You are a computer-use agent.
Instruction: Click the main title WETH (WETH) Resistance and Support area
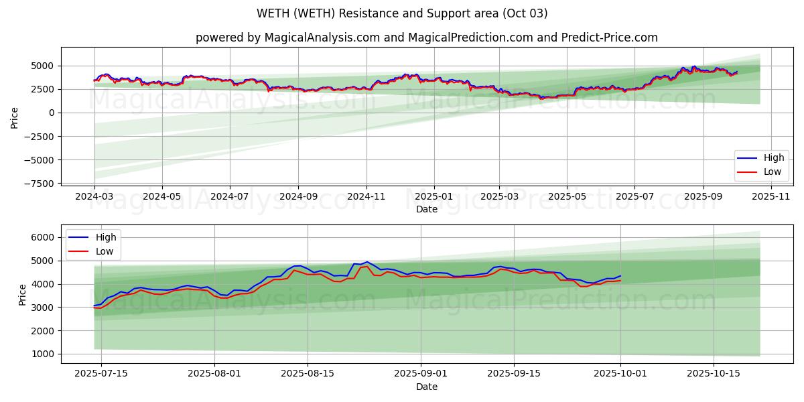[x=402, y=13]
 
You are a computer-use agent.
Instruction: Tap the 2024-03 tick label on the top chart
[x=94, y=197]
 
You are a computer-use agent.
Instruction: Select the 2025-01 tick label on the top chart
[x=433, y=197]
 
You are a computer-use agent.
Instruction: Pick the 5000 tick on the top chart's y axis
[x=46, y=66]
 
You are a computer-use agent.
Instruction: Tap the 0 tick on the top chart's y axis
[x=52, y=113]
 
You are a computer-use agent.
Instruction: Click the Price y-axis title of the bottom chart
[x=23, y=295]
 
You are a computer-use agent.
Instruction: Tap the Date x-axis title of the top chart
[x=427, y=209]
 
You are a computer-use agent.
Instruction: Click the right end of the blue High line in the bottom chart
[x=620, y=276]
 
